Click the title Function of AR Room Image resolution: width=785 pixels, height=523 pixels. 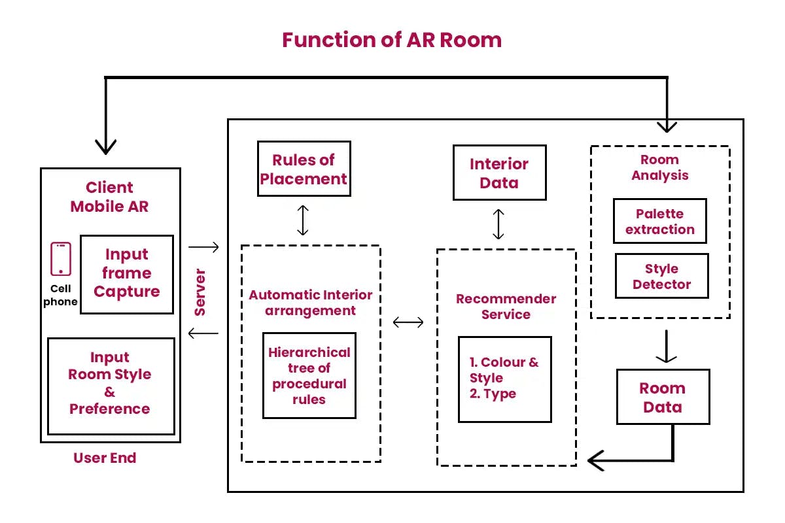coord(392,40)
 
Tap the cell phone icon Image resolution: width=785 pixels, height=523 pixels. coord(61,259)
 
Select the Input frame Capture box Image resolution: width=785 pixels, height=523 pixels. coord(127,274)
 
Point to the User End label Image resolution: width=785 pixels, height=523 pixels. coord(105,458)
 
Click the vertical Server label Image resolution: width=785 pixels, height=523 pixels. coord(200,292)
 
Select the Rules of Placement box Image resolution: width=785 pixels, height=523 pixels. coord(304,169)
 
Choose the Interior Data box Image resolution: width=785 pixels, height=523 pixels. coord(499,173)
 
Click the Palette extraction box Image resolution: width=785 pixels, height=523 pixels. coord(660,221)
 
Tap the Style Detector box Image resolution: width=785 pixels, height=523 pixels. coord(661,276)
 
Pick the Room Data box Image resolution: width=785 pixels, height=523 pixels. coord(663,397)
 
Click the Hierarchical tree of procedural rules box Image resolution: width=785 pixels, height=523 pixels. coord(309,375)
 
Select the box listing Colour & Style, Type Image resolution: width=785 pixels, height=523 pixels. coord(504,379)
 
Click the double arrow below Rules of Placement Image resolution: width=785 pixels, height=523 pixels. coord(302,220)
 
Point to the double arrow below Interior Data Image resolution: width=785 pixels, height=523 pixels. coord(498,224)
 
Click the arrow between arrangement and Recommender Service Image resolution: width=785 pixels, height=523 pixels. coord(408,322)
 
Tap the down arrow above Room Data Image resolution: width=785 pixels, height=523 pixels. coord(666,346)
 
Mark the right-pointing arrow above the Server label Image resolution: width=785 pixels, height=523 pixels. coord(203,247)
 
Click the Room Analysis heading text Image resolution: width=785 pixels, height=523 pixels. coord(659,167)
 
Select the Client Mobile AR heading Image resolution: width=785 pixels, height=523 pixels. coord(110,197)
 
